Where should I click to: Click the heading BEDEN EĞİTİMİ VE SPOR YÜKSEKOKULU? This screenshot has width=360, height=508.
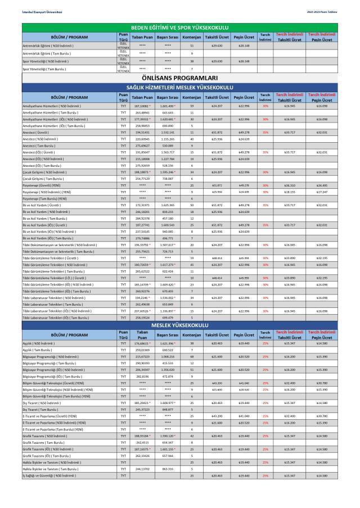tap(179, 28)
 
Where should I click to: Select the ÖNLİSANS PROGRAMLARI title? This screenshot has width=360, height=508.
tap(179, 79)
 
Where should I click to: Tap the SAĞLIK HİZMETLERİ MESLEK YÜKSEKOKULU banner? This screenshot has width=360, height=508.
tap(179, 88)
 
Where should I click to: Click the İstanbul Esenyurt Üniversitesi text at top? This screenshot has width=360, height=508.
tap(34, 12)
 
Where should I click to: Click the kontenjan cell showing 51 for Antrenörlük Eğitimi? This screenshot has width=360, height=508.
tap(192, 46)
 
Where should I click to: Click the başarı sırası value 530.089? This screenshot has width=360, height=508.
tap(168, 146)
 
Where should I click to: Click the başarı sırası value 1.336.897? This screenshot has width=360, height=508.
tap(168, 311)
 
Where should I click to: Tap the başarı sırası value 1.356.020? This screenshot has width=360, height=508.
tap(168, 370)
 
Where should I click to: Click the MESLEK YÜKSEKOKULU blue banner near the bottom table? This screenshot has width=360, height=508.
tap(179, 325)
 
